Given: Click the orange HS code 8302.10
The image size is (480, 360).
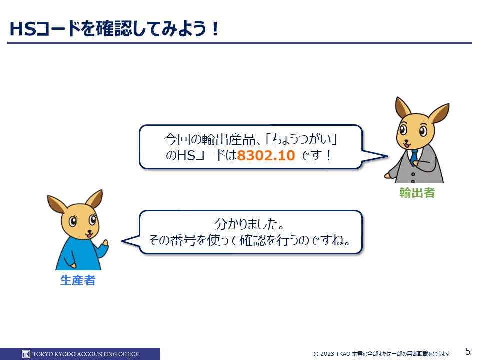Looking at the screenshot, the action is tap(266, 155).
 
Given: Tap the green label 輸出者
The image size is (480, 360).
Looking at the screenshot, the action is tap(417, 193).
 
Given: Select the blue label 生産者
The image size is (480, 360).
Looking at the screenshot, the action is tap(78, 280).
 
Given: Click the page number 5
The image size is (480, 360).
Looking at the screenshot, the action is tap(468, 351).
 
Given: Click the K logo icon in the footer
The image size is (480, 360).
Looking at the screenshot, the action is tap(26, 354).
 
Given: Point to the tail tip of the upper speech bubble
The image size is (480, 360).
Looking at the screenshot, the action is tap(387, 156).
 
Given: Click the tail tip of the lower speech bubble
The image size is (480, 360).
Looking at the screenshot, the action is tap(122, 241).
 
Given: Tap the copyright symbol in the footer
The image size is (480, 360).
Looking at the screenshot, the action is tap(316, 354).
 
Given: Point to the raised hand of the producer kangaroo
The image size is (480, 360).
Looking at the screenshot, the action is tap(105, 243).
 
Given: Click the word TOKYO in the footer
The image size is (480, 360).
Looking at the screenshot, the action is tap(43, 354).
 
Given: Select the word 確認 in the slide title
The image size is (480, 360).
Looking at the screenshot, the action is tap(114, 29).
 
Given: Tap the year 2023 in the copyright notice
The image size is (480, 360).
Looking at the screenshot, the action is tap(327, 354).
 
